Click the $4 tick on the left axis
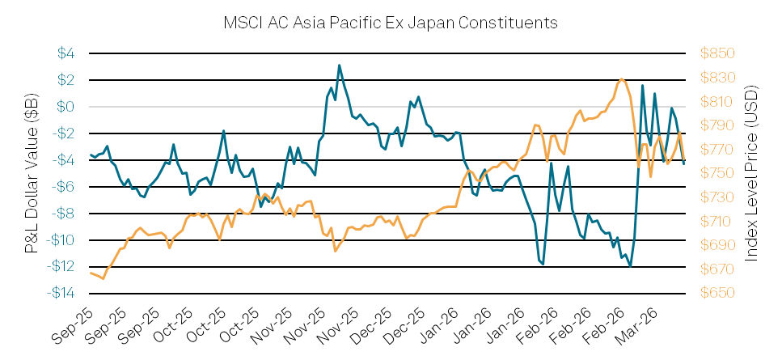[x=66, y=53]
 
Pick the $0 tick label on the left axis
[x=66, y=107]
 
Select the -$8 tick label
[x=65, y=214]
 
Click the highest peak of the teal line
[x=339, y=66]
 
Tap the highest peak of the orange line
[x=621, y=78]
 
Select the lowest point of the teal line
[x=630, y=265]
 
